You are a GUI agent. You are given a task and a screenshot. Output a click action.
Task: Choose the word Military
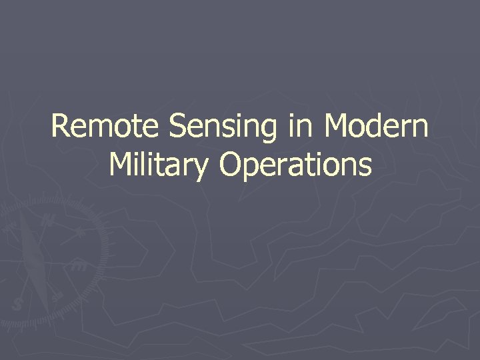tap(158, 165)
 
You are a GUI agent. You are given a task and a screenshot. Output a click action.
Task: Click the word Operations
tap(295, 165)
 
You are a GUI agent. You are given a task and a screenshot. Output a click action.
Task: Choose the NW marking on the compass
tap(11, 227)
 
